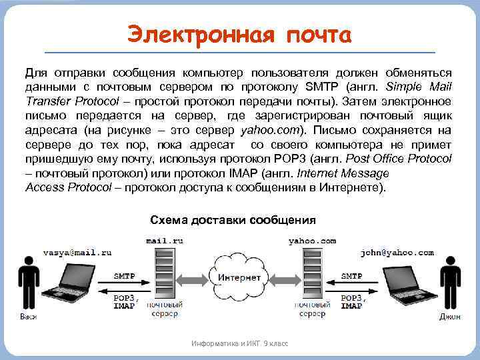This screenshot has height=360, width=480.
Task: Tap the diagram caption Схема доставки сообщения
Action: coord(233,220)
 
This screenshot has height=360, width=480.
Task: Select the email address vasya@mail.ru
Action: coord(77,253)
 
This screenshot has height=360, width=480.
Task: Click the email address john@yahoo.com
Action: coord(397,253)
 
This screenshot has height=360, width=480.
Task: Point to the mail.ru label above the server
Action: coord(166,241)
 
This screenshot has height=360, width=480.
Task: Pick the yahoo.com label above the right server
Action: coord(312,241)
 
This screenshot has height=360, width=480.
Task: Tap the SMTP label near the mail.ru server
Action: coord(125,276)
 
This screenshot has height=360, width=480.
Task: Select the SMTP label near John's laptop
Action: coord(351,276)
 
